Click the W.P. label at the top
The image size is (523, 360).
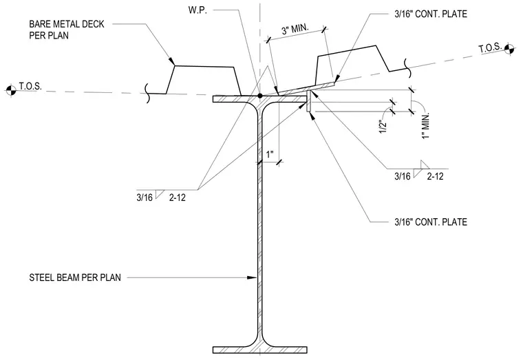(x=198, y=10)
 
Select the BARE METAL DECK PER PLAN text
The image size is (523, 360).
(x=67, y=30)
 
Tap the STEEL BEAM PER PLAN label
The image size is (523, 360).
(x=75, y=277)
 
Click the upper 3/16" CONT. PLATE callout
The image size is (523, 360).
(x=431, y=14)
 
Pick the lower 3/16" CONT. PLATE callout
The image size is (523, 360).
(x=431, y=222)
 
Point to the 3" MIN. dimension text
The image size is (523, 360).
(x=295, y=30)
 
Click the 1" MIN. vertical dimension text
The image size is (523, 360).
(x=425, y=125)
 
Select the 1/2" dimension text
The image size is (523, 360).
(x=383, y=127)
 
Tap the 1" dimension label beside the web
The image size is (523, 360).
(x=270, y=154)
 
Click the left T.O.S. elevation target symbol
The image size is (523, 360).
(x=11, y=90)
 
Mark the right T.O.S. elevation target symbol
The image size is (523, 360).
(x=509, y=49)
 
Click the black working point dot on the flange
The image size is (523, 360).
(x=260, y=96)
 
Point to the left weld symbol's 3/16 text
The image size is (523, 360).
(x=145, y=198)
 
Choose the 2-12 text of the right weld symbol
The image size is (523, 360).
(x=436, y=176)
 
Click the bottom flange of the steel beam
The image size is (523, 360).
(x=260, y=350)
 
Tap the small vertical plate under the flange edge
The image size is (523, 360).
(x=309, y=101)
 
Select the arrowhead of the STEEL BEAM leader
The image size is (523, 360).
(x=251, y=277)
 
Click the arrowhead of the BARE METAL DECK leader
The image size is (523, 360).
(x=172, y=62)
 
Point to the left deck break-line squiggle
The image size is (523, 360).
(x=148, y=93)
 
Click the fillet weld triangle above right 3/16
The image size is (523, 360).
(x=425, y=165)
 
